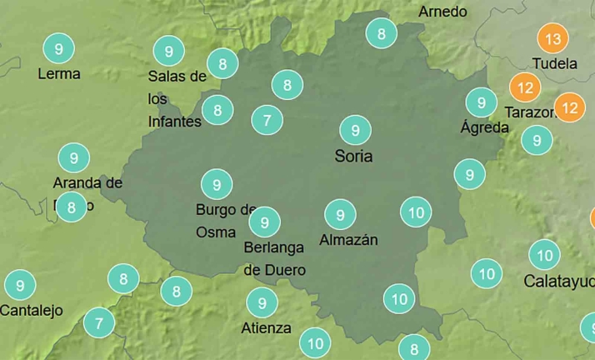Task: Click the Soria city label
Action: (x=353, y=156)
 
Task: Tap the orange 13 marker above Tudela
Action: (x=552, y=38)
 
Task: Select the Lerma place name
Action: (x=59, y=73)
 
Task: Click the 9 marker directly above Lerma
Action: (x=58, y=49)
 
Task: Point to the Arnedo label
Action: (x=442, y=12)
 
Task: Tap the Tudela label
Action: (x=554, y=63)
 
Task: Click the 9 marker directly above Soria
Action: (x=355, y=130)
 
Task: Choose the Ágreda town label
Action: (x=484, y=127)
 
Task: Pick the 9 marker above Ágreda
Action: (x=481, y=102)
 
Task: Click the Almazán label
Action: (x=348, y=240)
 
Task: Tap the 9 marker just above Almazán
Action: (x=340, y=215)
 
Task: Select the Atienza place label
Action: (x=266, y=327)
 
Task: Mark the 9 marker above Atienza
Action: (x=262, y=302)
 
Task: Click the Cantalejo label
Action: (x=32, y=311)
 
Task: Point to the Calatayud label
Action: (x=558, y=281)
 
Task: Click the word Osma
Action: (x=216, y=232)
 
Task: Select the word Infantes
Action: (x=175, y=122)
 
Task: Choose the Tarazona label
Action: (x=530, y=112)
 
